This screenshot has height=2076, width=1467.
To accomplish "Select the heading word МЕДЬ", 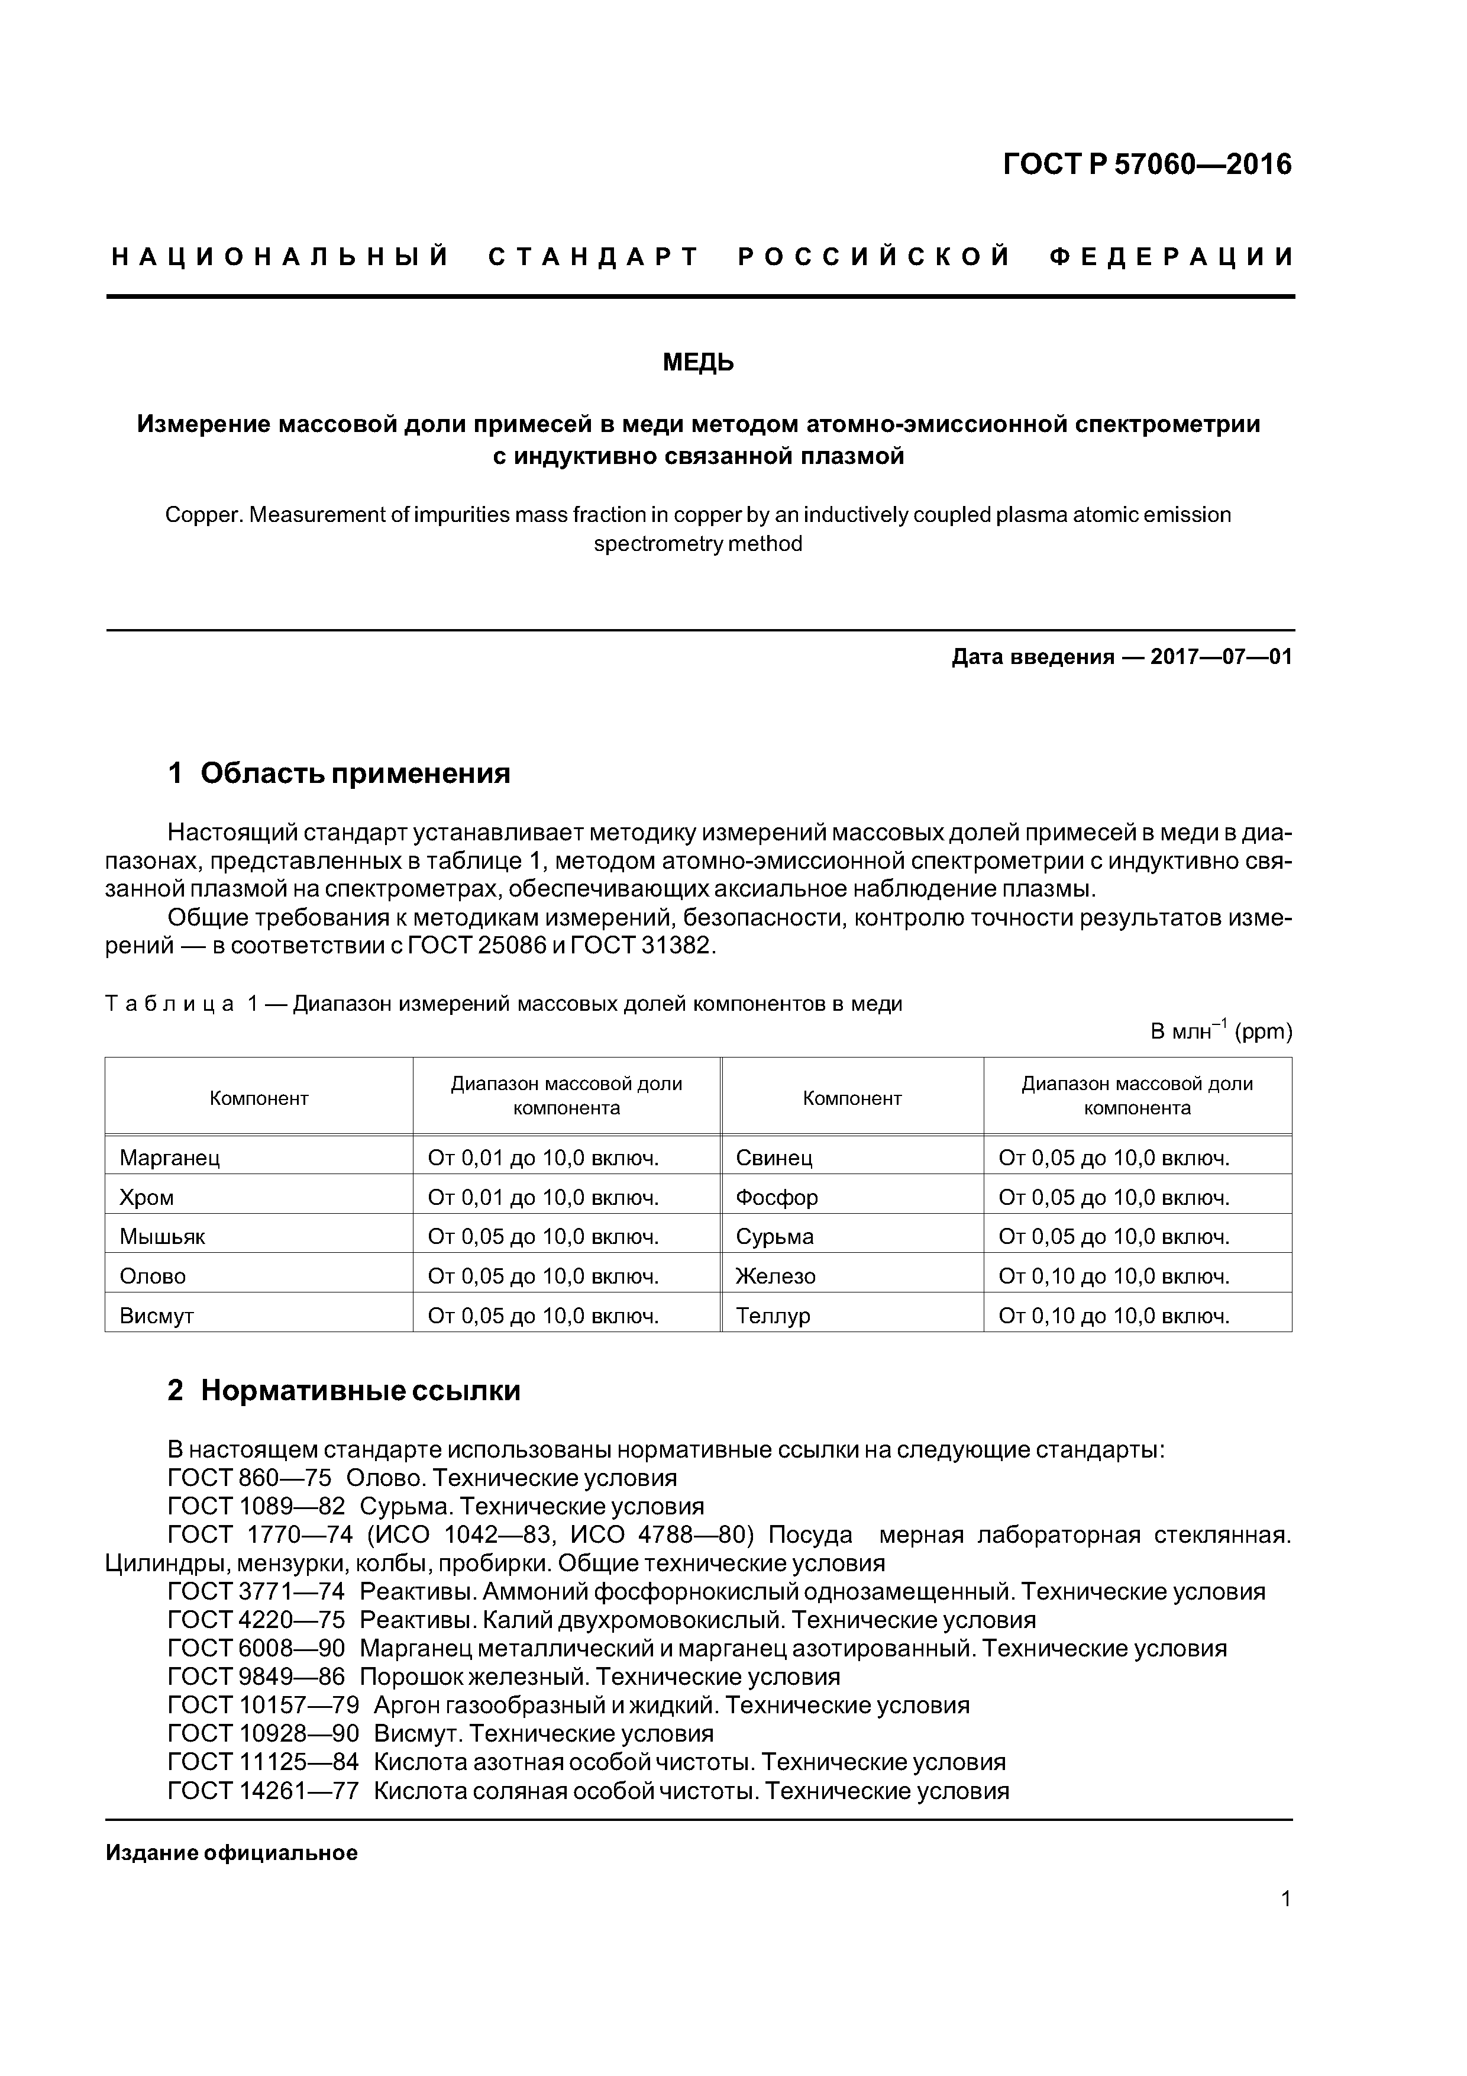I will pyautogui.click(x=698, y=363).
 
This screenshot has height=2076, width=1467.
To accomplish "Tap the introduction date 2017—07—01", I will pyautogui.click(x=1220, y=656).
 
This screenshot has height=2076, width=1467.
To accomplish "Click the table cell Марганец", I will pyautogui.click(x=170, y=1158).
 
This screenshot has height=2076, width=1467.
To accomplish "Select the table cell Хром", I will pyautogui.click(x=147, y=1197).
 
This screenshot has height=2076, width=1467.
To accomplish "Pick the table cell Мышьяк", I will pyautogui.click(x=163, y=1236).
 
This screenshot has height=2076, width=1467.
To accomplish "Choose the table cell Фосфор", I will pyautogui.click(x=777, y=1197).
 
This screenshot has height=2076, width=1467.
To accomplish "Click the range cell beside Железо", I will pyautogui.click(x=1114, y=1276).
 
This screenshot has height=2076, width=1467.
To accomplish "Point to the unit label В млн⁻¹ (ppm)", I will pyautogui.click(x=1220, y=1031).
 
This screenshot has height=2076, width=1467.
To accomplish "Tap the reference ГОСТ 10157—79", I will pyautogui.click(x=263, y=1706).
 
